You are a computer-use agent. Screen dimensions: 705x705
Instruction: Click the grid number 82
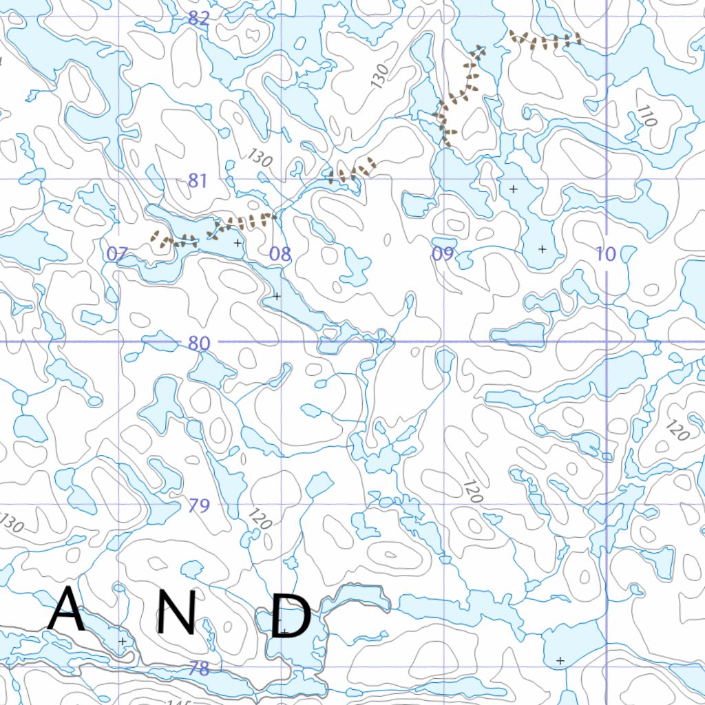coord(198,19)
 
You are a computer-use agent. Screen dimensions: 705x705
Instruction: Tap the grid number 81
coord(198,181)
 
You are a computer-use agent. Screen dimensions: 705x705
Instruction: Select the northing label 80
coord(198,344)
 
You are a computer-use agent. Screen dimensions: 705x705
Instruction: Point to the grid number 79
coord(198,506)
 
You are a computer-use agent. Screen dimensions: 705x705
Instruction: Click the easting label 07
coord(117,254)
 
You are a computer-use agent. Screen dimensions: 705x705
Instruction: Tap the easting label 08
coord(280,254)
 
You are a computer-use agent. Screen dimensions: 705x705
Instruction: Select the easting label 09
coord(443,254)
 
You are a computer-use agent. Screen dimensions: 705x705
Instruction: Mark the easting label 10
coord(606,254)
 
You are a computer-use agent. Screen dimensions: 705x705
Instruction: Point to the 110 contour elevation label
coord(647,116)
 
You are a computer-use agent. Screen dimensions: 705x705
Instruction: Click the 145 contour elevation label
coord(178,701)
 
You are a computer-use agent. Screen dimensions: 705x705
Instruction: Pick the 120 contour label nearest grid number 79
coord(260,518)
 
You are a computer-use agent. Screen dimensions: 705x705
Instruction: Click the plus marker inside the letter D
coord(284,631)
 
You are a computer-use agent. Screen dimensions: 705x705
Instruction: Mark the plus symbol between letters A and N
coord(123,641)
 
